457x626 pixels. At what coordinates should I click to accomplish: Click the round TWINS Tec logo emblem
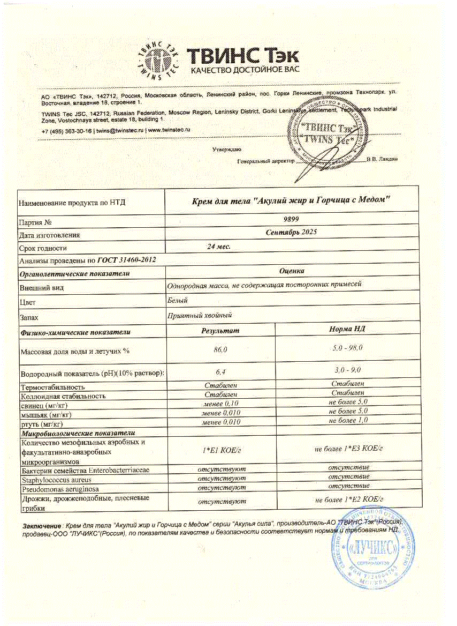[158, 59]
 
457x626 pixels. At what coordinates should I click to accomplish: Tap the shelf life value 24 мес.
[219, 247]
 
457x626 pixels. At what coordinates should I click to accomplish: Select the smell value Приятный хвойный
[200, 316]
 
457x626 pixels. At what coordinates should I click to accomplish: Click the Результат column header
[220, 331]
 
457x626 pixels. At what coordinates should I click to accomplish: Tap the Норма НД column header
[347, 329]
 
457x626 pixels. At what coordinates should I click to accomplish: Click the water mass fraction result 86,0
[220, 350]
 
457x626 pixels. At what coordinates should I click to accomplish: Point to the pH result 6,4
[220, 372]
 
